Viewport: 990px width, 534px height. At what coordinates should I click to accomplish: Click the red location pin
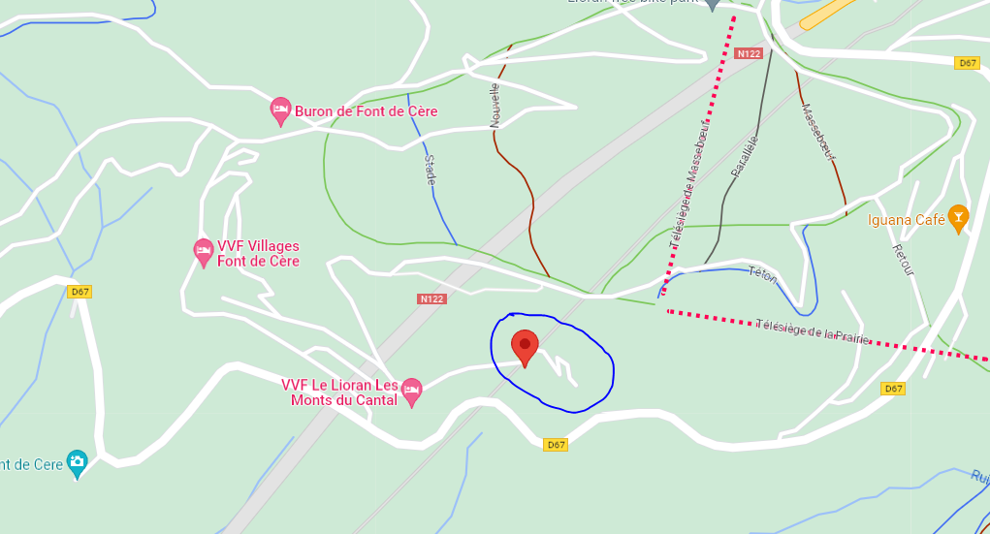[525, 347]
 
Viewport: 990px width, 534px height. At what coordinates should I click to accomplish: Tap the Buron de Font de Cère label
[366, 111]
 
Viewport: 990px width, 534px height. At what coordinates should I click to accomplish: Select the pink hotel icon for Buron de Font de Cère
[280, 111]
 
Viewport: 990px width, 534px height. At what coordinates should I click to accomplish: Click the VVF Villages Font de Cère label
[258, 254]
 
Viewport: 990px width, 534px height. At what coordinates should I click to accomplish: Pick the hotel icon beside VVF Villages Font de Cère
[203, 252]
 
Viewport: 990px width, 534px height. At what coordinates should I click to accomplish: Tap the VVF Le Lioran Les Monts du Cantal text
[339, 393]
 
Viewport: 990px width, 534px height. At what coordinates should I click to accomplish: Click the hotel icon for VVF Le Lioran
[412, 392]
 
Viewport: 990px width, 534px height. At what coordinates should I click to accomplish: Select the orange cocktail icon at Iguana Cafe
[958, 218]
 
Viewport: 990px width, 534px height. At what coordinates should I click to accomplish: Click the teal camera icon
[77, 463]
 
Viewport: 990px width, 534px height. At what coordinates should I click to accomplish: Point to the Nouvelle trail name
[495, 105]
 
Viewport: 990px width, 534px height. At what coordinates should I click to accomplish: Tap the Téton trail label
[763, 275]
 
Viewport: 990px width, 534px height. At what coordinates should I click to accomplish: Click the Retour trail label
[903, 266]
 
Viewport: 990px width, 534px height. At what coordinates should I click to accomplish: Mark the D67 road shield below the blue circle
[555, 445]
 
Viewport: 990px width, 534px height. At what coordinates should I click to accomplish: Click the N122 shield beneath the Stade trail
[432, 298]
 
